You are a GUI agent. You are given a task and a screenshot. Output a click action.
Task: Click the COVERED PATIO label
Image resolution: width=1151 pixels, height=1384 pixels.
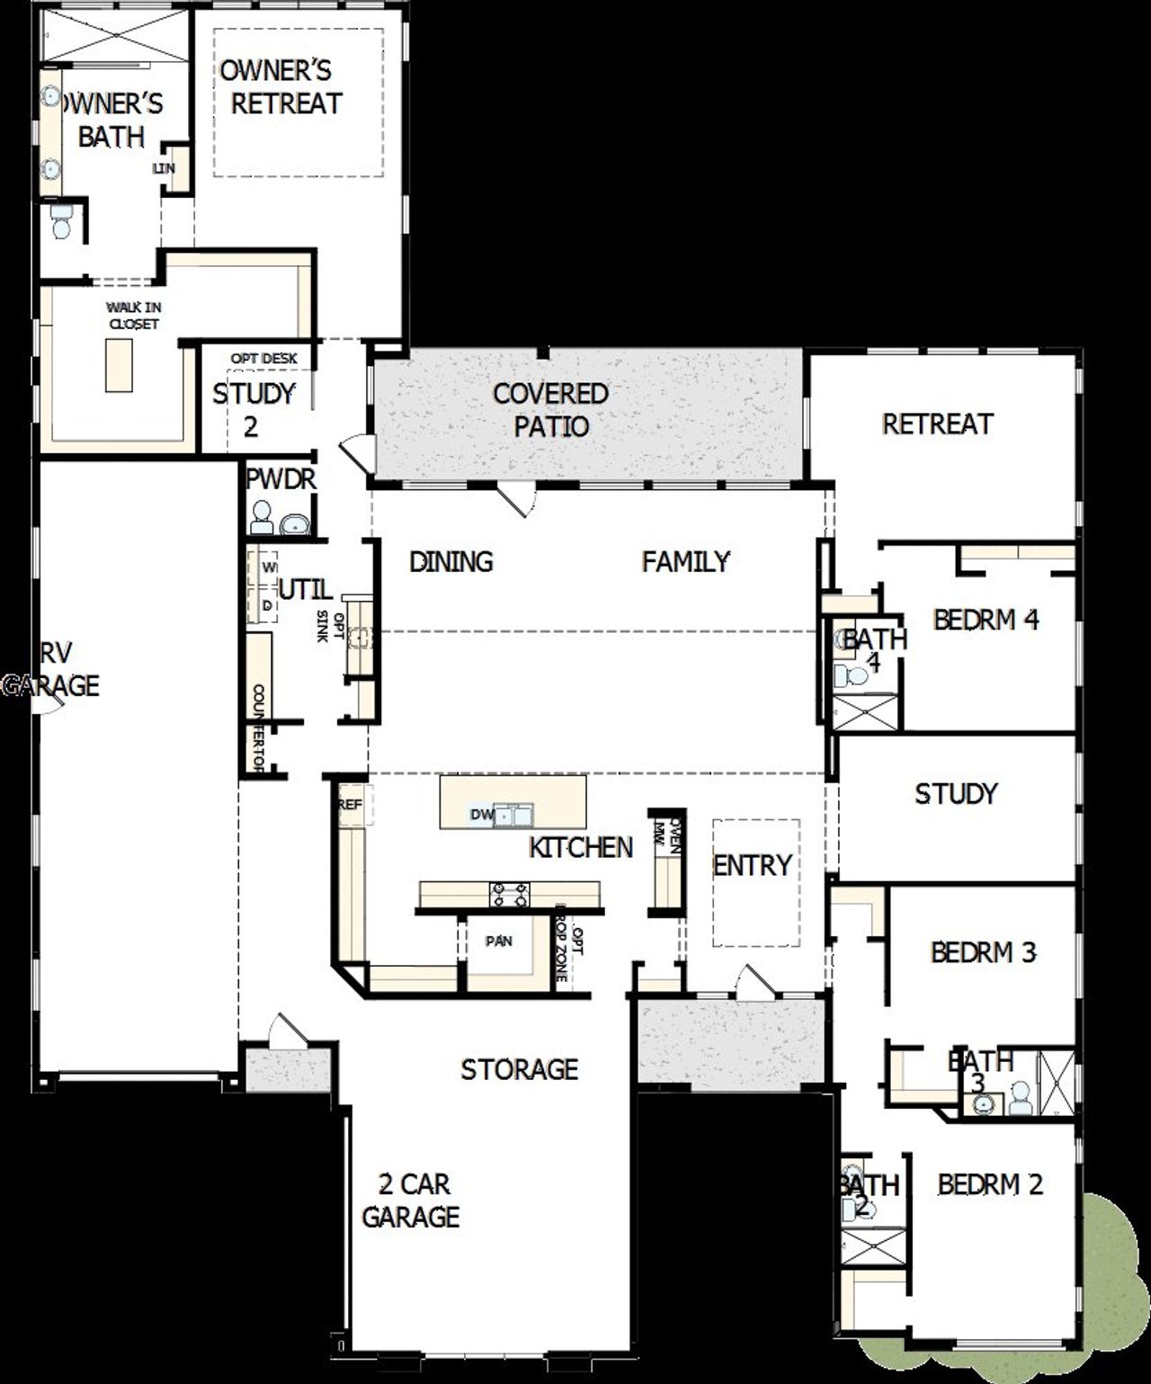(x=550, y=409)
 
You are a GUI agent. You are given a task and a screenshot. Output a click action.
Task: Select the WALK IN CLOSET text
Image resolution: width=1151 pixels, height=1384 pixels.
(x=133, y=316)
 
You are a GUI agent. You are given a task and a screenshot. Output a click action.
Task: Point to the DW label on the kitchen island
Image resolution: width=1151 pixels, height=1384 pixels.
(x=482, y=815)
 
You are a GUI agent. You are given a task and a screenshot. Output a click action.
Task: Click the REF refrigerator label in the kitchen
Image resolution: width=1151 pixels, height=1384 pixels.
(x=349, y=805)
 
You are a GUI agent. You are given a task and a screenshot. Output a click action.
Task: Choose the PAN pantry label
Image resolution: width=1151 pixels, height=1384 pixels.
(x=499, y=941)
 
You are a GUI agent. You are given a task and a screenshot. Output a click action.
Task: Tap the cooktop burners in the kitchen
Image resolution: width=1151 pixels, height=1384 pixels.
(x=509, y=894)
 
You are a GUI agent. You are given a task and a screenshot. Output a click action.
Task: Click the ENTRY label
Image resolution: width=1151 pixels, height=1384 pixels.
(x=752, y=865)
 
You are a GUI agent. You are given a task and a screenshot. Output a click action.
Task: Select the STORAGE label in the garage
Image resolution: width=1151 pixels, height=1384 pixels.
(x=519, y=1069)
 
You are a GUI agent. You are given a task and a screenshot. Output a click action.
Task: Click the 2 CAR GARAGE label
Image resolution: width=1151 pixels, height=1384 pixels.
(x=411, y=1200)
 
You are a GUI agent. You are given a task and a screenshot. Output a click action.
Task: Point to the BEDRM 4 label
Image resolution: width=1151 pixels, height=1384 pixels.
(x=986, y=620)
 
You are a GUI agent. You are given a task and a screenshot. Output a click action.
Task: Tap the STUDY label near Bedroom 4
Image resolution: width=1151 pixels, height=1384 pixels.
(x=956, y=793)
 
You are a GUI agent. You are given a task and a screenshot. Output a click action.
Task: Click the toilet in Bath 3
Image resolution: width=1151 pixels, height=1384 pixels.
(x=1019, y=1097)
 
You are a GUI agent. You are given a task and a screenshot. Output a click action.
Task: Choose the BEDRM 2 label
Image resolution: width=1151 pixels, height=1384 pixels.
(x=990, y=1184)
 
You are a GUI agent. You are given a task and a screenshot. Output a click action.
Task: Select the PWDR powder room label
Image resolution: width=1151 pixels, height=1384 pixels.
(x=281, y=479)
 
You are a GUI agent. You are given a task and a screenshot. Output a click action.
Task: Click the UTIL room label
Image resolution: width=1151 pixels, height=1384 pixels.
(x=305, y=590)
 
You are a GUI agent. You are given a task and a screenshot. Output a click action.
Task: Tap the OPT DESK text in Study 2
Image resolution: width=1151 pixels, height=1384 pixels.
(x=263, y=358)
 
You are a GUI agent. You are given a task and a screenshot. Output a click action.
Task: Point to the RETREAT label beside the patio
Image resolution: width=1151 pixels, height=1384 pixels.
(x=937, y=424)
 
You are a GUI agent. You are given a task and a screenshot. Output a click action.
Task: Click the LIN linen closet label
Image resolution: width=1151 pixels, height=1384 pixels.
(x=165, y=168)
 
